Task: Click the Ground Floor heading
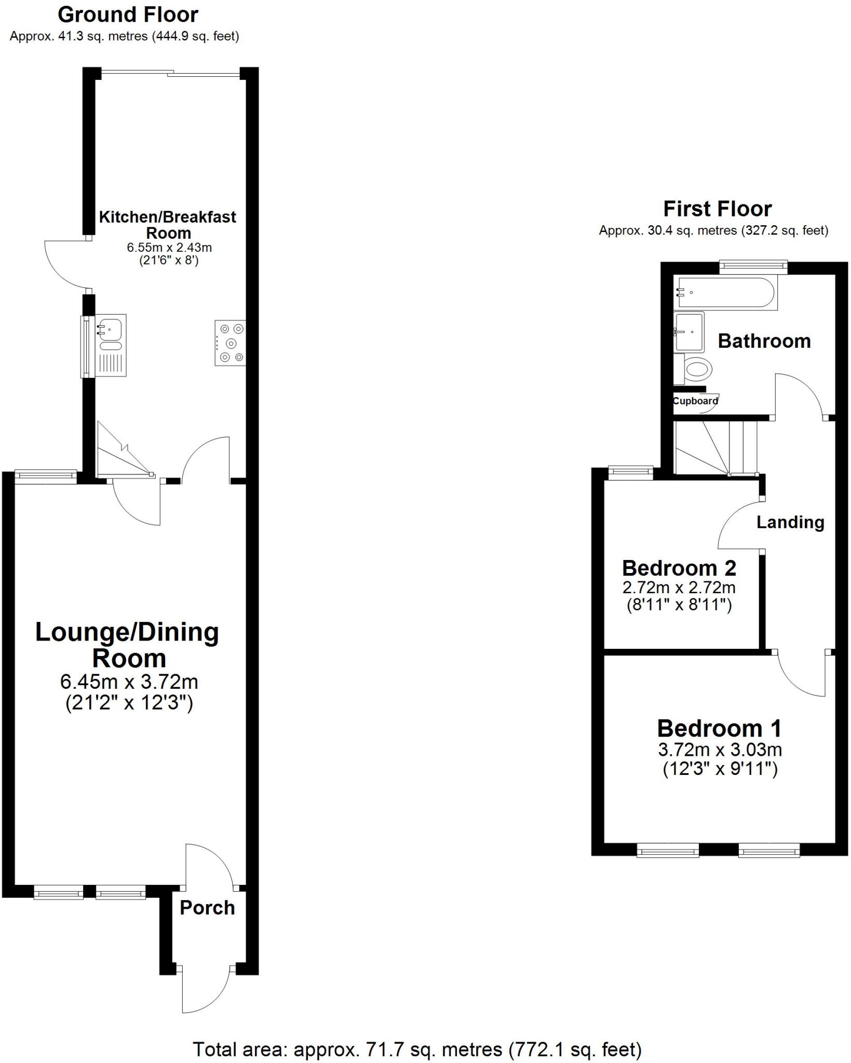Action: point(128,15)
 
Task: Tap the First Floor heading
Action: point(717,209)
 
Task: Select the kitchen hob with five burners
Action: point(230,343)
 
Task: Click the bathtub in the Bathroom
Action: point(725,293)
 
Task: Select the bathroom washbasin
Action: point(689,331)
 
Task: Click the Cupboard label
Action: point(695,401)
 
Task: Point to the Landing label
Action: point(790,522)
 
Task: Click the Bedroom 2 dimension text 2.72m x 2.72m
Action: point(679,588)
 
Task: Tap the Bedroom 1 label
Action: point(719,729)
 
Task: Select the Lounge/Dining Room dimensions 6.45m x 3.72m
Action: point(129,682)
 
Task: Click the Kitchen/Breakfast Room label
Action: point(167,224)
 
